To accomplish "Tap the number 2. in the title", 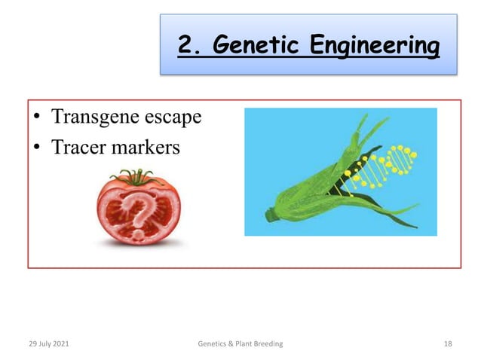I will (191, 46).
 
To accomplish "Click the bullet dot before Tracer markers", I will (37, 148).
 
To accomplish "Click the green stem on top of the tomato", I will (136, 179).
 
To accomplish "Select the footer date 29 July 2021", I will (50, 343).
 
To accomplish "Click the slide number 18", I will (448, 343).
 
